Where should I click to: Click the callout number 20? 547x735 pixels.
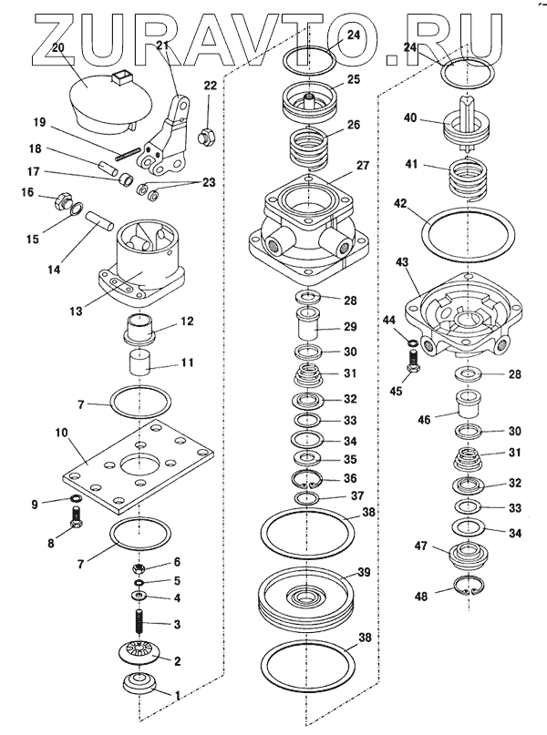point(57,47)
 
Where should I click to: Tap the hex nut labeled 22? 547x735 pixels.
point(206,137)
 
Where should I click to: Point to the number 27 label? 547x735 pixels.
point(363,166)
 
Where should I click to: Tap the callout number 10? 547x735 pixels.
point(61,432)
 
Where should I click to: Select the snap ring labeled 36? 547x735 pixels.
point(307,479)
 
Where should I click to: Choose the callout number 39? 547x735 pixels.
point(364,572)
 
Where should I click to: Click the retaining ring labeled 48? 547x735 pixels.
point(470,587)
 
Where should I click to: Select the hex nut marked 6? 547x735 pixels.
point(139,569)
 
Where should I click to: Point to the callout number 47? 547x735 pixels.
point(421,546)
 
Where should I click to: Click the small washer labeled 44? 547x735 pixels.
point(412,343)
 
